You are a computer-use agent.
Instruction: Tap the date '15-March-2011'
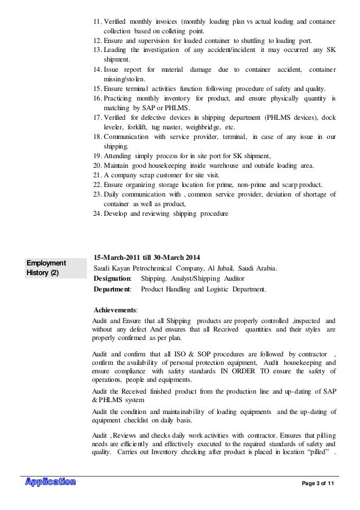coord(115,258)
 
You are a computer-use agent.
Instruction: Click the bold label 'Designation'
coord(113,279)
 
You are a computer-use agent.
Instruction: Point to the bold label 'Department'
coord(113,290)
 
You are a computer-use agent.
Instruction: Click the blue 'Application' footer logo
coord(50,482)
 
